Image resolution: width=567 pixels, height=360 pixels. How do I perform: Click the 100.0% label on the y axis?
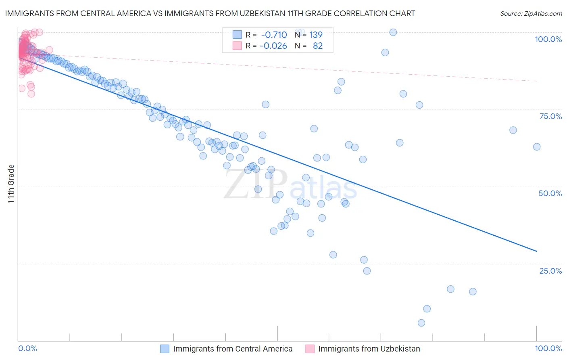(548, 39)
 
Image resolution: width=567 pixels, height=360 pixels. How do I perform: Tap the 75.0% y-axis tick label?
(550, 116)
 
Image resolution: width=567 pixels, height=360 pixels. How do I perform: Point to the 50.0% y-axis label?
(550, 193)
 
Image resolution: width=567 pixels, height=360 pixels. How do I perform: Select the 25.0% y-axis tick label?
(550, 271)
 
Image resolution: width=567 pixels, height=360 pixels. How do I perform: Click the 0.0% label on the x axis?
(27, 349)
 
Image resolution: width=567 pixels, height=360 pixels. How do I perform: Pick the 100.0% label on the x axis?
(548, 349)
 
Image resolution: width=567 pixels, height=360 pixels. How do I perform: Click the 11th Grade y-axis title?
(11, 184)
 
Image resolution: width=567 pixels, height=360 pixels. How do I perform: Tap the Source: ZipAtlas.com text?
(531, 14)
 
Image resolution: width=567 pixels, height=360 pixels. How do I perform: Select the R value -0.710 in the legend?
(274, 35)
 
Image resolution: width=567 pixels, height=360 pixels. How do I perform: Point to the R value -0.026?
(273, 46)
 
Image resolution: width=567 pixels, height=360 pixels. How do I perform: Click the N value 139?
(316, 35)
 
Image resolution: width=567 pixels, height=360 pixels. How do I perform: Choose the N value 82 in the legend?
(318, 46)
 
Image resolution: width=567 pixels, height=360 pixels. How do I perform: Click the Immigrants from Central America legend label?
(233, 349)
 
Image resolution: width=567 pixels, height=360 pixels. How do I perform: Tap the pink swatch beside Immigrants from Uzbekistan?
(310, 349)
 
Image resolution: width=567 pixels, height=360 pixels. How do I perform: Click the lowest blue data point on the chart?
(421, 323)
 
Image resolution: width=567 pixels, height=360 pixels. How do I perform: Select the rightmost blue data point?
(537, 147)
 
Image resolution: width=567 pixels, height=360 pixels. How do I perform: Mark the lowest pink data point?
(31, 94)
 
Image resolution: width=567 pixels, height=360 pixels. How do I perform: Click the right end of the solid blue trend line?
(537, 251)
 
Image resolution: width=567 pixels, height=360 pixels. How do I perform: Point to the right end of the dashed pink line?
(537, 81)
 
